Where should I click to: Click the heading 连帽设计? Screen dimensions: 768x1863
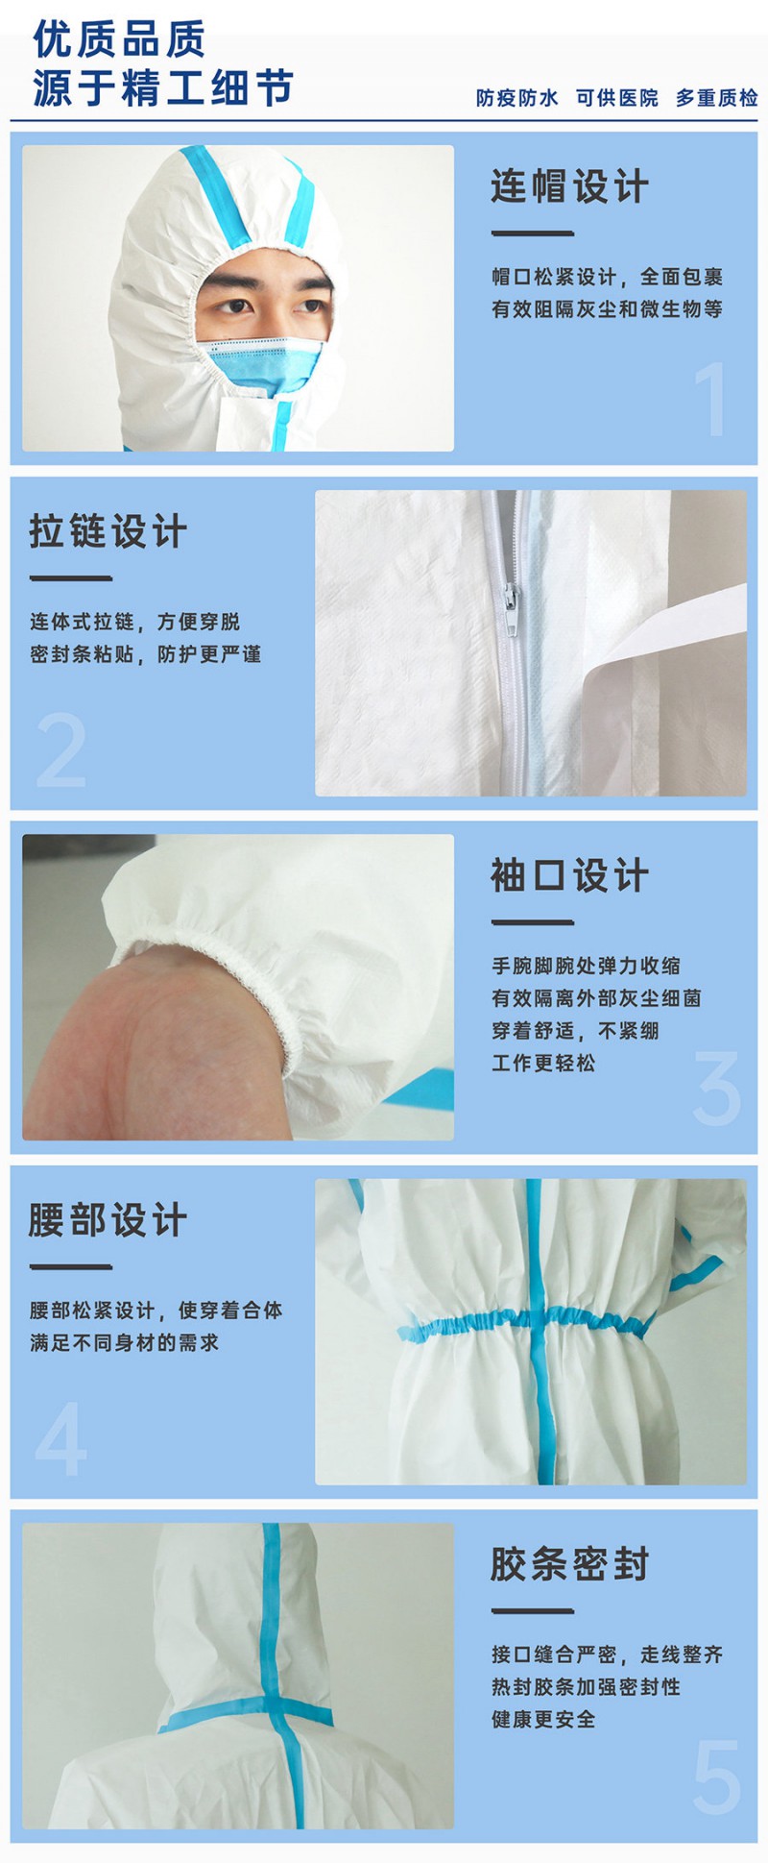click(x=569, y=186)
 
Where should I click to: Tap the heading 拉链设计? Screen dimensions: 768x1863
click(x=108, y=531)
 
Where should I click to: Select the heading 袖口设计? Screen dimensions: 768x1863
click(x=569, y=875)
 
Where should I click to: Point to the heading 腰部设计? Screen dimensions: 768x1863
click(x=108, y=1220)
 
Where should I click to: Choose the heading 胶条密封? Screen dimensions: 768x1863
click(x=569, y=1564)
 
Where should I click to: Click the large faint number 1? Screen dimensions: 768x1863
click(x=711, y=399)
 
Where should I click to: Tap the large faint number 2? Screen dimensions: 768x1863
click(x=60, y=750)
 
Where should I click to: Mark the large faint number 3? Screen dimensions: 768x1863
click(x=717, y=1089)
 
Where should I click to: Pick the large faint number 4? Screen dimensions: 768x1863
click(x=60, y=1438)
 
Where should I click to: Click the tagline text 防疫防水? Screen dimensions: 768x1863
click(x=516, y=98)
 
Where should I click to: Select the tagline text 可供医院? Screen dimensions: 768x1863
click(x=616, y=98)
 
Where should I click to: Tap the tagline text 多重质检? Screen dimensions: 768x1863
click(x=716, y=98)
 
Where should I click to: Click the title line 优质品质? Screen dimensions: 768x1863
click(x=119, y=39)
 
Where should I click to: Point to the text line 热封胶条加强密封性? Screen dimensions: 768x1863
click(x=586, y=1686)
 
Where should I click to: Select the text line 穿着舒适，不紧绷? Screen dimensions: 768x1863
click(x=575, y=1030)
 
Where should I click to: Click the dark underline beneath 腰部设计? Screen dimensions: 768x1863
click(x=71, y=1266)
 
